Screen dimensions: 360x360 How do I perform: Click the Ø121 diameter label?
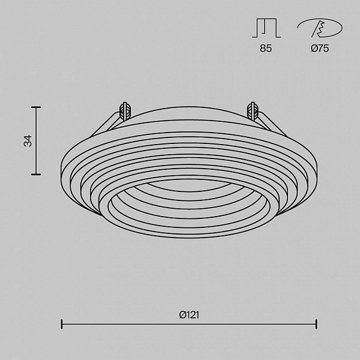point(189,315)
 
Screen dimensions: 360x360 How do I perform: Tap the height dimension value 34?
point(28,141)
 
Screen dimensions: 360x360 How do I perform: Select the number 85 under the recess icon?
point(266,48)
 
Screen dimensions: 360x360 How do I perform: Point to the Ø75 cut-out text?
point(320,48)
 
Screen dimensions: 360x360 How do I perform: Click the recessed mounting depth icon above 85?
point(266,28)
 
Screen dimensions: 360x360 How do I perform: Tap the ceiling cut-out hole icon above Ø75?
point(320,28)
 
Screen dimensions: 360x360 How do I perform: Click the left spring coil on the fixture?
point(125,111)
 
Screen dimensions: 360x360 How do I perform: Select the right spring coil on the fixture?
point(253,111)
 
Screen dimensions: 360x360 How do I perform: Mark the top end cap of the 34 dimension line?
point(36,107)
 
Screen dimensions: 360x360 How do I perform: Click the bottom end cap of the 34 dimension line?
point(36,174)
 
